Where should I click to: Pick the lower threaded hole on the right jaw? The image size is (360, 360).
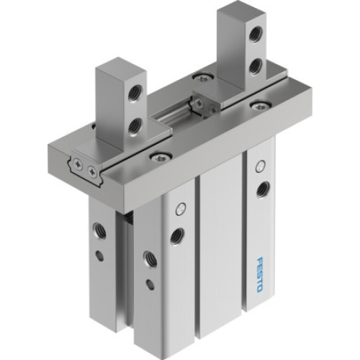click(254, 66)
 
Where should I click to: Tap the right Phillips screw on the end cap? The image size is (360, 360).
click(91, 172)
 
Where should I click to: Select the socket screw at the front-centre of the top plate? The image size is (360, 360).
click(156, 156)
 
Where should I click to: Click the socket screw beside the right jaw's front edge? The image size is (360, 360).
click(257, 106)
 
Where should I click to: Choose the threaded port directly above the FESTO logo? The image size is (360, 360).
click(261, 189)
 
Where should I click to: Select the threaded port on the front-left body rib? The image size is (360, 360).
click(176, 235)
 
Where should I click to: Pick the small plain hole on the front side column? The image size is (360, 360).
click(149, 284)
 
